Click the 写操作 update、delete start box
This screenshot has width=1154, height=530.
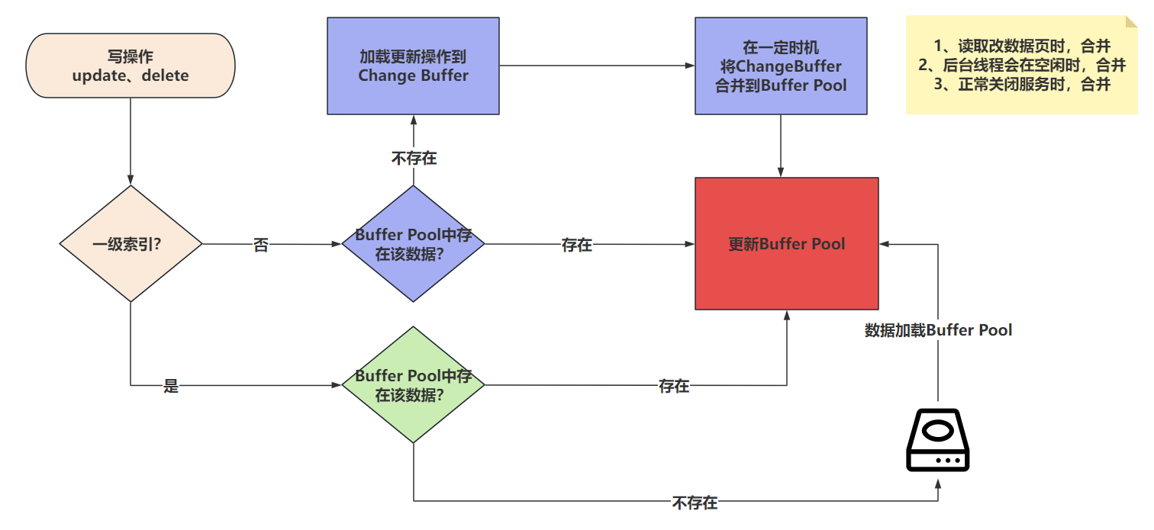pyautogui.click(x=131, y=66)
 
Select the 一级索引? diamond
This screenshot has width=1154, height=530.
pyautogui.click(x=131, y=244)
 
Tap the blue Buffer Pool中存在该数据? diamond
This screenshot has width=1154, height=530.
pyautogui.click(x=413, y=244)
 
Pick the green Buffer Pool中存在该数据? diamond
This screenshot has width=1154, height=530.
pyautogui.click(x=413, y=385)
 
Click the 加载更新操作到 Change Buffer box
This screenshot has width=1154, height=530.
pyautogui.click(x=413, y=66)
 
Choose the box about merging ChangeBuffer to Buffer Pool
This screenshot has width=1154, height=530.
pyautogui.click(x=780, y=66)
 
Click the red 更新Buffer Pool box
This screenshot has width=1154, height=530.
pyautogui.click(x=786, y=244)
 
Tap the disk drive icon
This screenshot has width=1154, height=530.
pyautogui.click(x=938, y=441)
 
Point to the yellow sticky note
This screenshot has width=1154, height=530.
pyautogui.click(x=1021, y=65)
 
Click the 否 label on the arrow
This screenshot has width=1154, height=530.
pyautogui.click(x=261, y=246)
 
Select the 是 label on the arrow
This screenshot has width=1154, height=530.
pyautogui.click(x=171, y=386)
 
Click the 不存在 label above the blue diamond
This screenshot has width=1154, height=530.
pyautogui.click(x=414, y=159)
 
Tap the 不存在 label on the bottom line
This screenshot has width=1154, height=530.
pyautogui.click(x=695, y=503)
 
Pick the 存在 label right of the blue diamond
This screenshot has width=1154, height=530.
pyautogui.click(x=577, y=246)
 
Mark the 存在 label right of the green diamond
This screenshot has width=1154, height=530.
pyautogui.click(x=674, y=386)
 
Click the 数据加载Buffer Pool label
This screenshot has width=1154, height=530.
pyautogui.click(x=938, y=330)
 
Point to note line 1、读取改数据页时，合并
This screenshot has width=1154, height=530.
pyautogui.click(x=1022, y=45)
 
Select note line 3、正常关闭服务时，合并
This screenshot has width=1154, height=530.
pyautogui.click(x=1022, y=85)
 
